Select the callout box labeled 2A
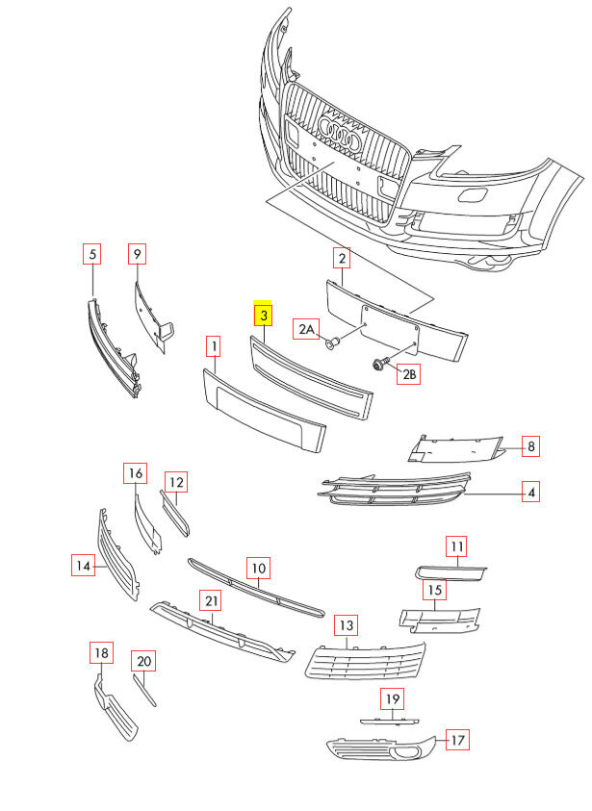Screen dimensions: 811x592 point(306,330)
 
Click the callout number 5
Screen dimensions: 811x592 point(92,255)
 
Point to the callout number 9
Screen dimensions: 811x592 point(138,254)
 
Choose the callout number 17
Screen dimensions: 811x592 point(458,740)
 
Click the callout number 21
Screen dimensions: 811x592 point(211,601)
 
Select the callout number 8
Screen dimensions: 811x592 point(530,445)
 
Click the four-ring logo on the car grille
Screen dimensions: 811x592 point(340,135)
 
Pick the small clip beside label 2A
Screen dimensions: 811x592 point(332,342)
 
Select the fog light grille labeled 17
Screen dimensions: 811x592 point(380,748)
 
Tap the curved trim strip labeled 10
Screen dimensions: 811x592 point(255,587)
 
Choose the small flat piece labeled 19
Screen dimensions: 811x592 point(390,718)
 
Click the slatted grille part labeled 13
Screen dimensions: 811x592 point(366,658)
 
